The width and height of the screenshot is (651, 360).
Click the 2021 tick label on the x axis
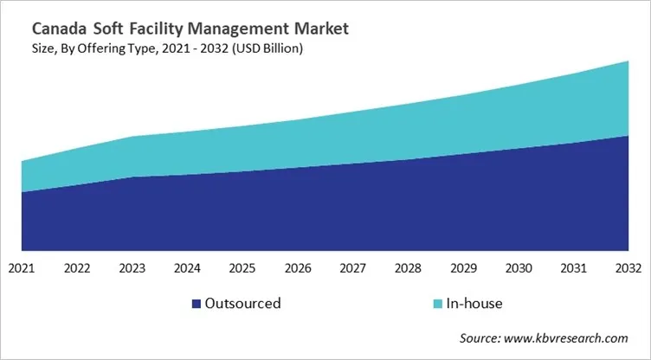point(22,268)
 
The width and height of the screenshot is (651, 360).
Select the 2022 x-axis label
point(77,268)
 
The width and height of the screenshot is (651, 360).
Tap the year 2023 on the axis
point(132,268)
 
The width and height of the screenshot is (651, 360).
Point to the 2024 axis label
point(187,268)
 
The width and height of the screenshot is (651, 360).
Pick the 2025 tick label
point(242,268)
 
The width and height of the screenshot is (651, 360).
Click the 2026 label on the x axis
point(298,268)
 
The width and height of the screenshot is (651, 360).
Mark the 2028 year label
point(408,268)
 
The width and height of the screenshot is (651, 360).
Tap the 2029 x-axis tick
point(463,268)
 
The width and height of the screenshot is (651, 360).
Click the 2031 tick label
point(573,268)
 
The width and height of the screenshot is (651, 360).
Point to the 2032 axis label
point(628,268)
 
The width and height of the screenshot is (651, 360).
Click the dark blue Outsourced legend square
point(196,304)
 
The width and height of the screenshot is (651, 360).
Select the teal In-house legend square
point(438,304)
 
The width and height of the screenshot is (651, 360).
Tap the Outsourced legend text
point(242,304)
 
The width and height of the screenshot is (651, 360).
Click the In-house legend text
point(474,304)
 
